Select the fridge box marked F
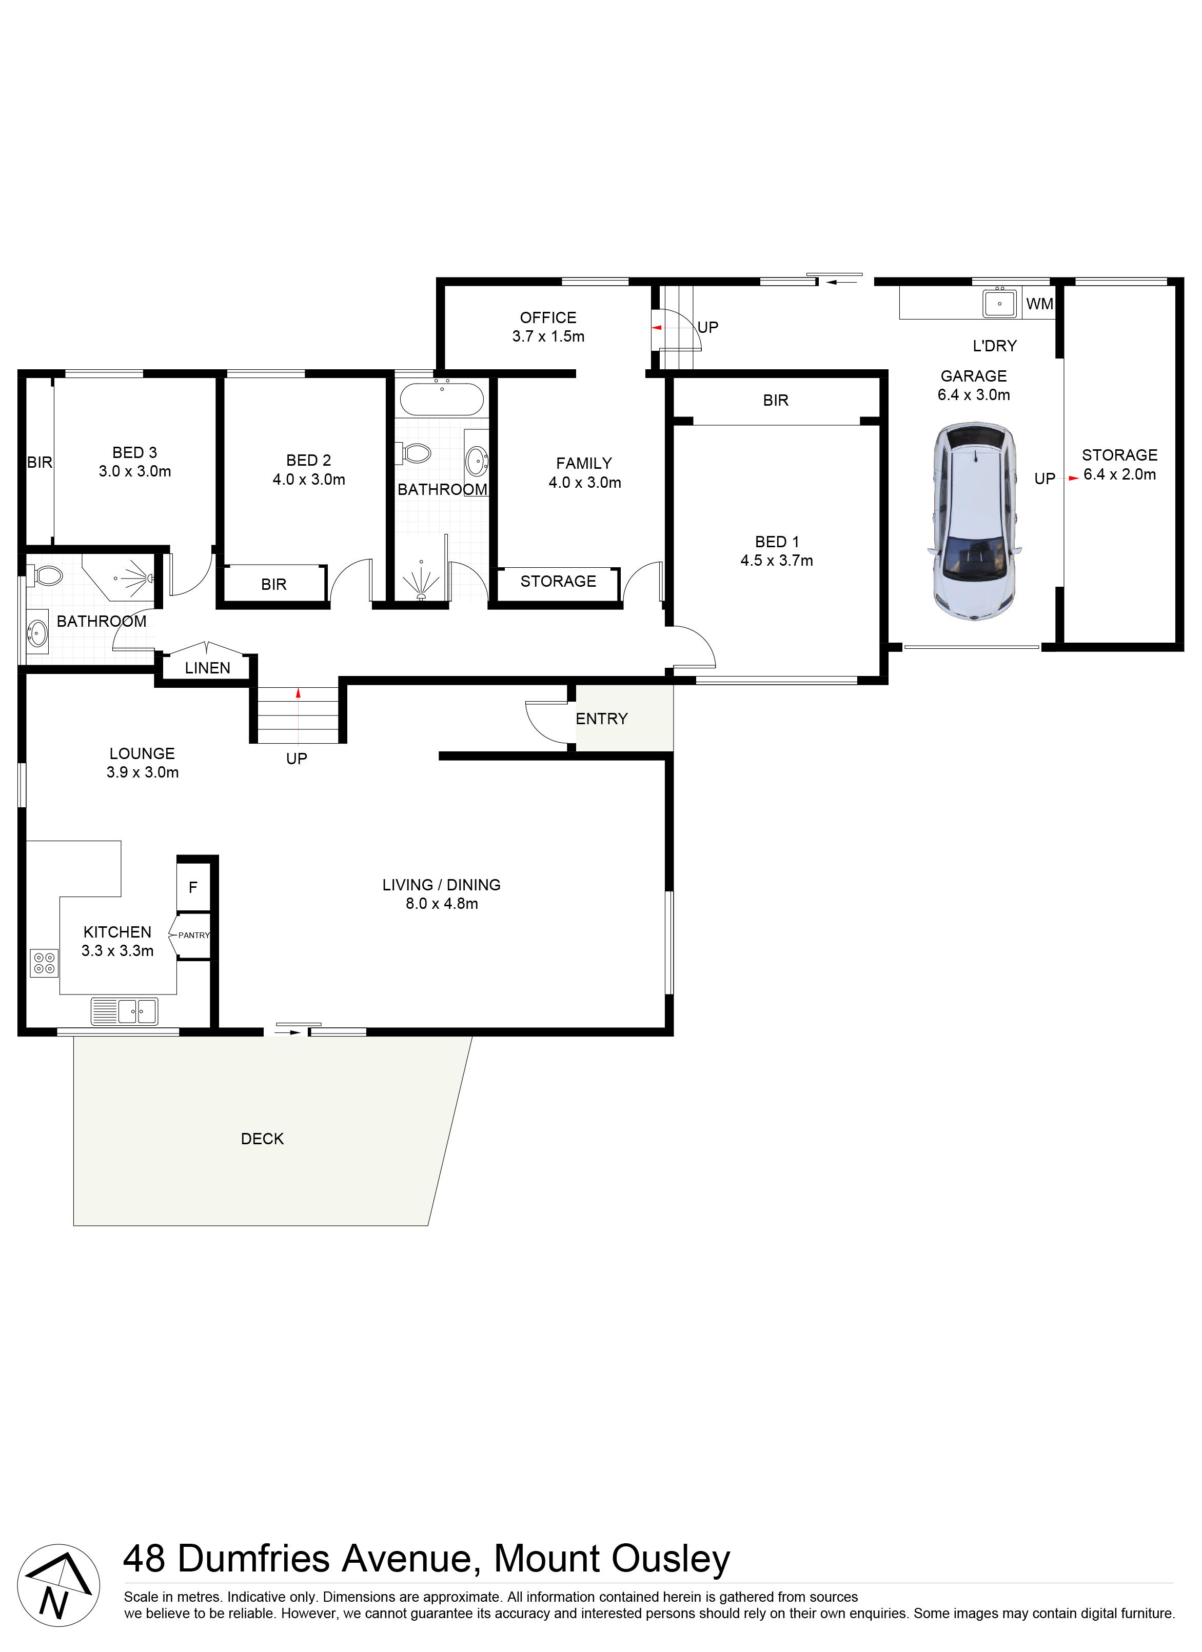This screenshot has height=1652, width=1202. coord(193,887)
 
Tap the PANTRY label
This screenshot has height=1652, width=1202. coord(194,936)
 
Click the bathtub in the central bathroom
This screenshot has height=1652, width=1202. coord(441,399)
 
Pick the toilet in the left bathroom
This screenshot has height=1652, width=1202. coord(47,576)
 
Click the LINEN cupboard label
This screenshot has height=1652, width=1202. coord(208,668)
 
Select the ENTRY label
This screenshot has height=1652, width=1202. coord(602,719)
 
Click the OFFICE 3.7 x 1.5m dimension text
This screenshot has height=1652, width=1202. coord(548,336)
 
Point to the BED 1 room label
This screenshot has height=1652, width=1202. coord(777,542)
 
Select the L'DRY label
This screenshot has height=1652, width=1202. coord(994,346)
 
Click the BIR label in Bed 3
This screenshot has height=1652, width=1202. coord(40,463)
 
